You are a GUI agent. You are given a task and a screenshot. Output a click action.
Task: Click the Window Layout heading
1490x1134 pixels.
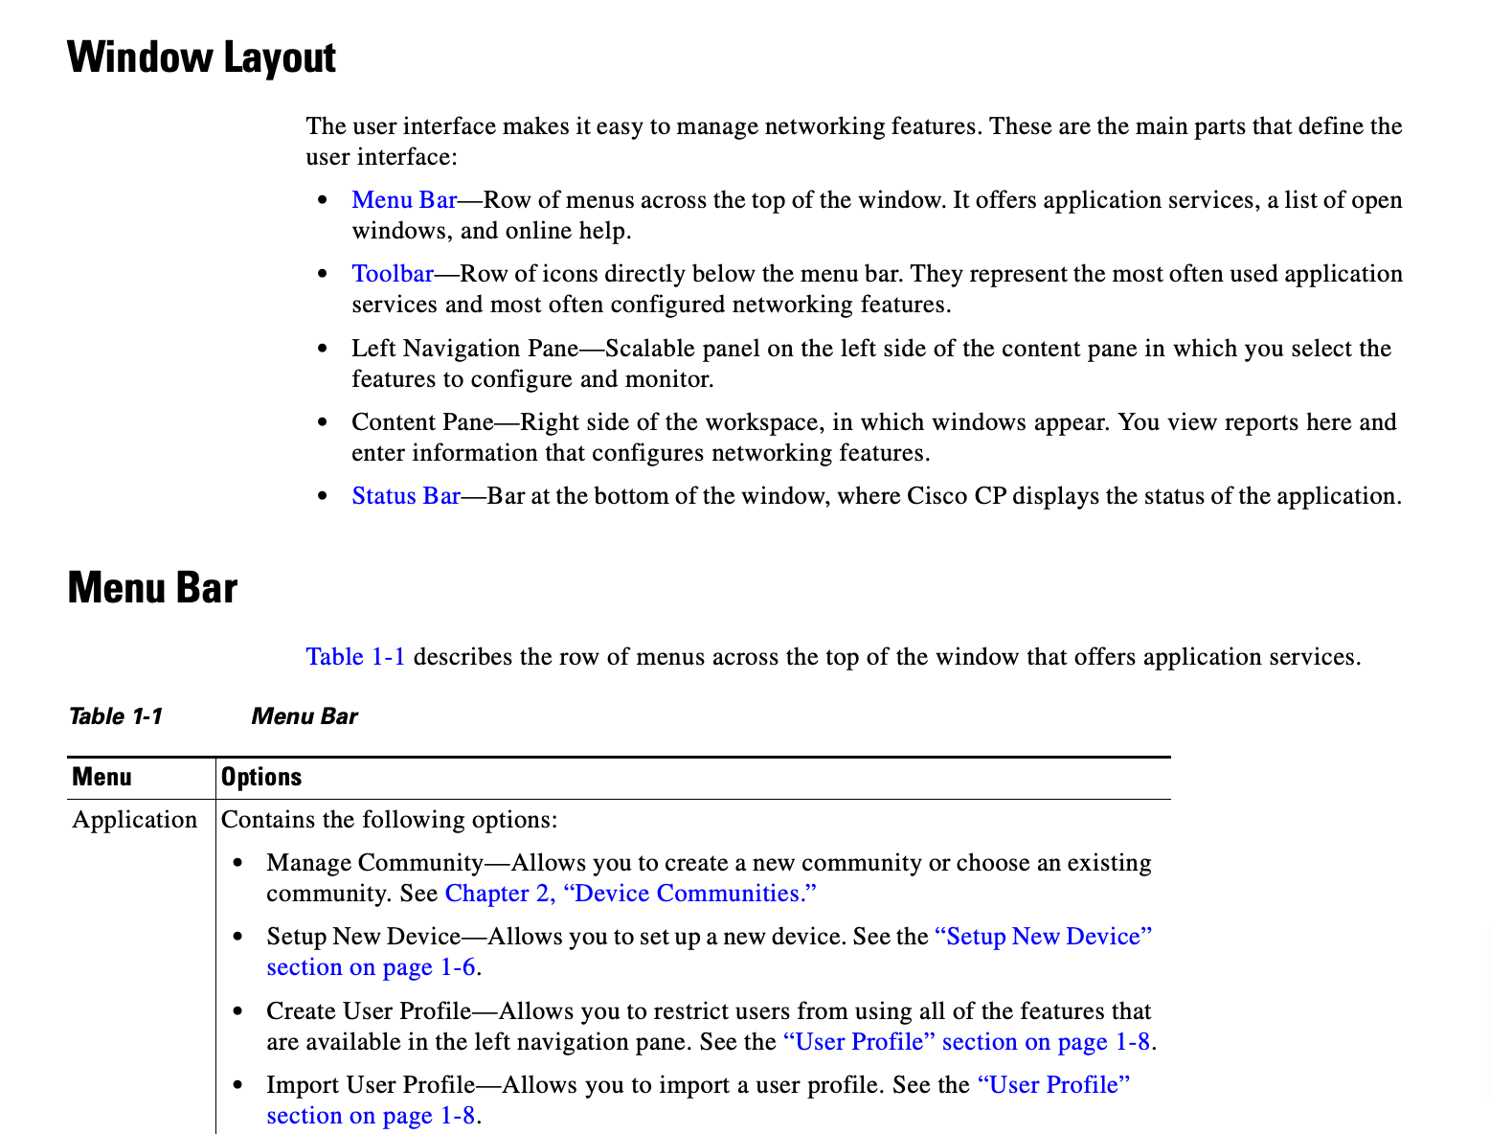201,57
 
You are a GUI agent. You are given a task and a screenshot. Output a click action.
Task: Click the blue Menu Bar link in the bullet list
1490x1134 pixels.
404,200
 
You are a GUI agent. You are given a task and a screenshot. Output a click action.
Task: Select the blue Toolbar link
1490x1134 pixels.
393,274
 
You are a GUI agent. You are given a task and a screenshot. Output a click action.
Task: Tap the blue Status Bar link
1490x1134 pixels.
406,496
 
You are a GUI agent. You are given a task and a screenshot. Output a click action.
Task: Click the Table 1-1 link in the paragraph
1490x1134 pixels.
355,657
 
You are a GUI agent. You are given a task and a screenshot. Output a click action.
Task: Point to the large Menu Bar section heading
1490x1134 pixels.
152,587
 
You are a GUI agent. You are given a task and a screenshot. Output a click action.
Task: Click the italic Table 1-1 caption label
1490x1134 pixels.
116,716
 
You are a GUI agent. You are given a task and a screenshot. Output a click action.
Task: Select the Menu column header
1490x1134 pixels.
102,777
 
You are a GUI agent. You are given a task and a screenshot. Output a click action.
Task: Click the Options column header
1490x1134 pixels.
261,777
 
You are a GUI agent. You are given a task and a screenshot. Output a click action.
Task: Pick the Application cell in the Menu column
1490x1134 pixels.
135,820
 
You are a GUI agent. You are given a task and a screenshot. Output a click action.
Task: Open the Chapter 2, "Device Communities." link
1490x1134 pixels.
631,894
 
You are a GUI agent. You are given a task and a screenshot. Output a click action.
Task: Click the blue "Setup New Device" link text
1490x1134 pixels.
1043,937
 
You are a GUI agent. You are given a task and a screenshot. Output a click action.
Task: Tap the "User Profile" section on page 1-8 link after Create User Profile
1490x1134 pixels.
966,1042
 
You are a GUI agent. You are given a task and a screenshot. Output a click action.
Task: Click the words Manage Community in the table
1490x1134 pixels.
374,863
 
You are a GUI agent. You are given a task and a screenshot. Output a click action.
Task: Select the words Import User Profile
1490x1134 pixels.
371,1085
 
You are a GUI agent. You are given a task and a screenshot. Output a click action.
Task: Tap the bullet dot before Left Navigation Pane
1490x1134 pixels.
324,349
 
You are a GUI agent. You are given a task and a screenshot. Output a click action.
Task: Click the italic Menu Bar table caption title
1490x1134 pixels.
305,716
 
